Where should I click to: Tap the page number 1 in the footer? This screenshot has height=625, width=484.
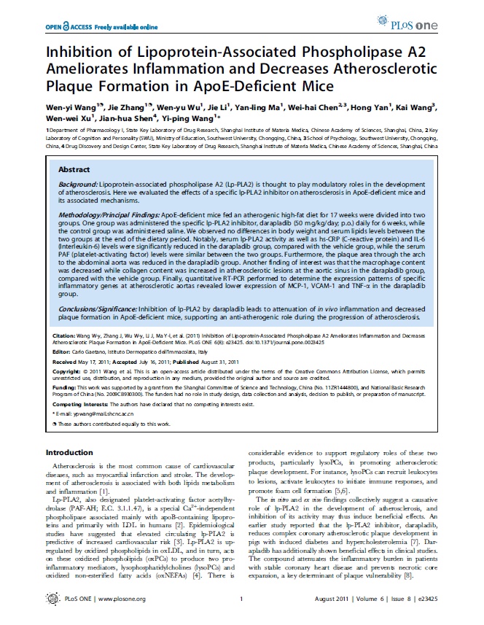pos(241,600)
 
